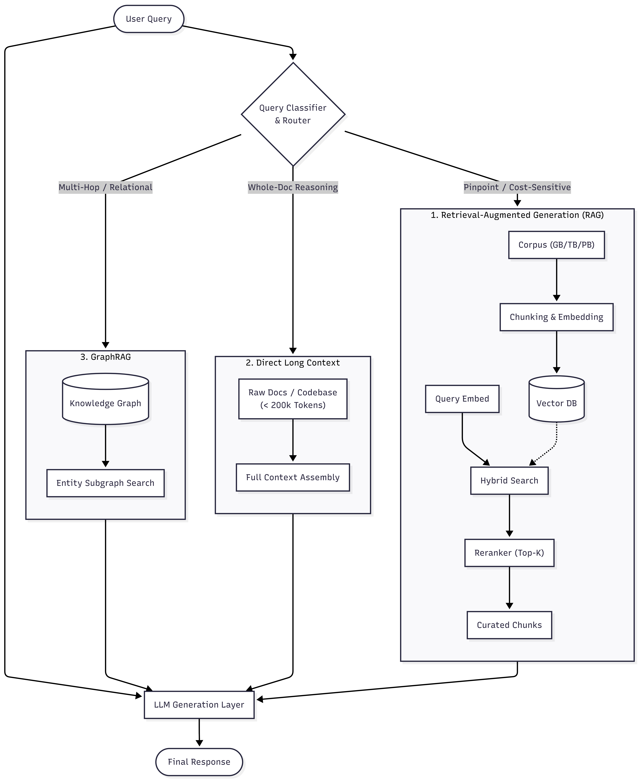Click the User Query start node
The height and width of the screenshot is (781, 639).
[x=149, y=19]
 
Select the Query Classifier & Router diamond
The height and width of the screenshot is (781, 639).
[x=293, y=114]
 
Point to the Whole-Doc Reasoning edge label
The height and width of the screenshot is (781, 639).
[x=293, y=187]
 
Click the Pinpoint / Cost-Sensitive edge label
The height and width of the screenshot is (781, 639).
[x=517, y=187]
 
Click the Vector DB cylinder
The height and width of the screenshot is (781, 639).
[x=557, y=399]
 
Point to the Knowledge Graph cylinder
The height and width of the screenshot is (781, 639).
[x=106, y=399]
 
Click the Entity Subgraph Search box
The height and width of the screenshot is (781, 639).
[x=106, y=483]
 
